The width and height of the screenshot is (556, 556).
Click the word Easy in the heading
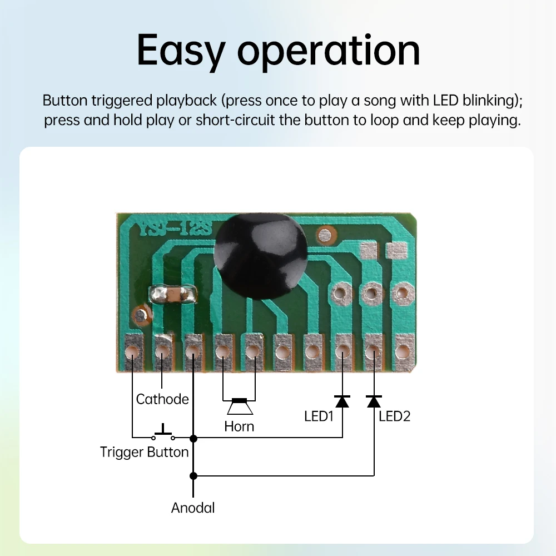181,51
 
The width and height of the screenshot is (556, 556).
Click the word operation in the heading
329,51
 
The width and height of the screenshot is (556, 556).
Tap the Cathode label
162,399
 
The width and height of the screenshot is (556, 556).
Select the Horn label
239,426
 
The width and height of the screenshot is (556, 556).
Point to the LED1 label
319,416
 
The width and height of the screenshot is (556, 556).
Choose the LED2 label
394,416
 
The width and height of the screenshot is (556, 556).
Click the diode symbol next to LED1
342,400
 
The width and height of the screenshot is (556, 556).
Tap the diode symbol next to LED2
374,400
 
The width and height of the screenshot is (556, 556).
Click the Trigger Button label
145,451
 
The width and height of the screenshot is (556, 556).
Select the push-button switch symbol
163,433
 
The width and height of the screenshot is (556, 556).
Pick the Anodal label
193,507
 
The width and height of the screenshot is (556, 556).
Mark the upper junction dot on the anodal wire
193,438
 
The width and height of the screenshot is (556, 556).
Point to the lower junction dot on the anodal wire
193,476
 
